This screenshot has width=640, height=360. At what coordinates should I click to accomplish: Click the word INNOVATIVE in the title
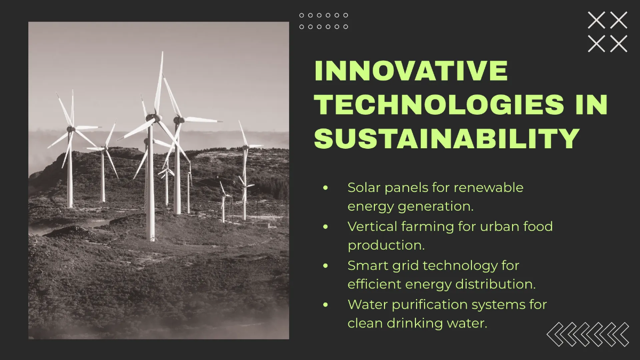pyautogui.click(x=411, y=71)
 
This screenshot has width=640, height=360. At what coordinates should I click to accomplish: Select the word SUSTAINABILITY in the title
pyautogui.click(x=446, y=138)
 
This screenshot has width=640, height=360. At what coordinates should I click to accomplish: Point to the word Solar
pyautogui.click(x=364, y=188)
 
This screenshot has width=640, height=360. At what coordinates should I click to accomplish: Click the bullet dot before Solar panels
pyautogui.click(x=325, y=188)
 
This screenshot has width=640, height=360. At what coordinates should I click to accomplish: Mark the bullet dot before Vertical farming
pyautogui.click(x=325, y=227)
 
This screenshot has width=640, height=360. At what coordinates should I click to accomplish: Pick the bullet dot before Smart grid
pyautogui.click(x=325, y=266)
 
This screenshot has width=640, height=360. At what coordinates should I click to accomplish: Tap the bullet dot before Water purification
pyautogui.click(x=325, y=305)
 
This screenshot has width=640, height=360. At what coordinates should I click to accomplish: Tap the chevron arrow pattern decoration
pyautogui.click(x=588, y=334)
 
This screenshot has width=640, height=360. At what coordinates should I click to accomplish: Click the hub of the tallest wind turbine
pyautogui.click(x=154, y=118)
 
